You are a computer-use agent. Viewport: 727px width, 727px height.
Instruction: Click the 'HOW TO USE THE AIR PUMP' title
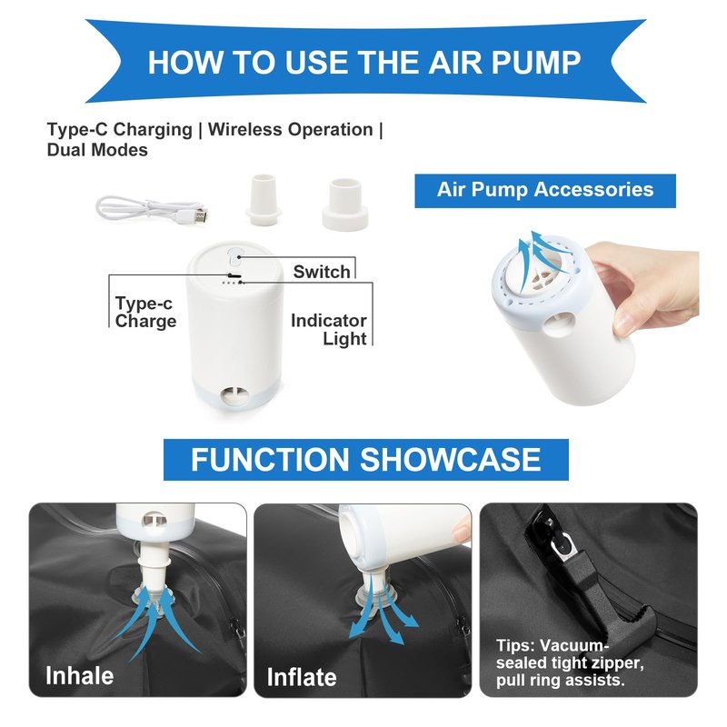coord(364,62)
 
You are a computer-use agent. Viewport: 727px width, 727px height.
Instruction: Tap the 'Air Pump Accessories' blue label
coord(544,191)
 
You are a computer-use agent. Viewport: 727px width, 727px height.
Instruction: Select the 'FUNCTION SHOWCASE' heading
coord(366,460)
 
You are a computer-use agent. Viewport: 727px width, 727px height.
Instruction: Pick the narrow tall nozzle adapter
coord(264,199)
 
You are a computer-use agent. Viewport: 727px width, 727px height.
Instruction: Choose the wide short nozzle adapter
coord(345,204)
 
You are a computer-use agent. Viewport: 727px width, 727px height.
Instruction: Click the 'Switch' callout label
coord(322,272)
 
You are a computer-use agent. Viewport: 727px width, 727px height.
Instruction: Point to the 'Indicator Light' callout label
coord(329,329)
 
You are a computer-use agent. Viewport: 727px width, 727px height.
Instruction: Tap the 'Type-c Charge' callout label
coord(145,312)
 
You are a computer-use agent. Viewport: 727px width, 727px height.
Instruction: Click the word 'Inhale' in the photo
coord(79,675)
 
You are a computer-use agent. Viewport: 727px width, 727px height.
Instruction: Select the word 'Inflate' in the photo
coord(302,677)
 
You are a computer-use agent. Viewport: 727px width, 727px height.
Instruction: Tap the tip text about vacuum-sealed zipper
coord(570,663)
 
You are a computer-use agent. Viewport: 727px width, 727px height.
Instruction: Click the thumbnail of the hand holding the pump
coord(595,316)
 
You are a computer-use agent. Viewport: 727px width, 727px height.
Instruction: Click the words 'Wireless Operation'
coord(290,129)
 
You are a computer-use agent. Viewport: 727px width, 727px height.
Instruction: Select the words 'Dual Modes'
coord(97,150)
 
